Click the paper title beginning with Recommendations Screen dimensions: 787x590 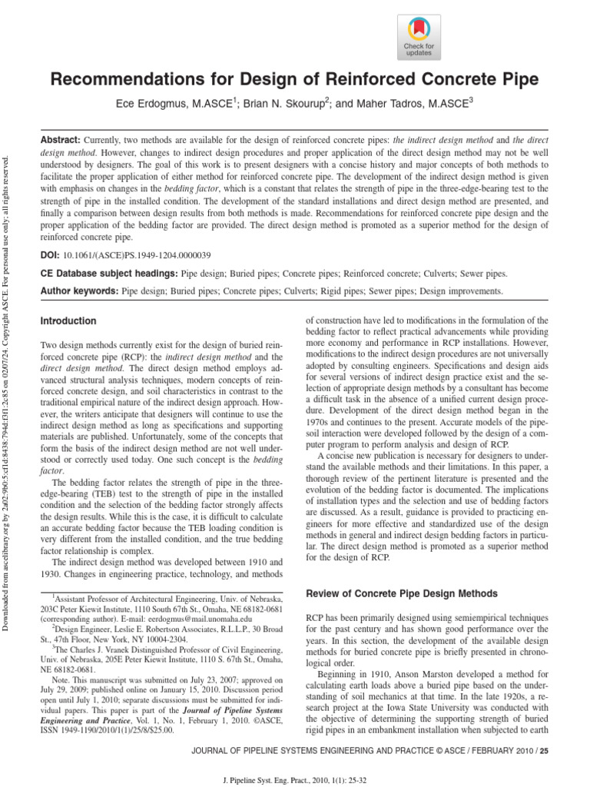(x=295, y=80)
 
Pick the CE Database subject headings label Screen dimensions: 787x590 (x=108, y=274)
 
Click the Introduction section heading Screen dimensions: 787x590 (x=68, y=320)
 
